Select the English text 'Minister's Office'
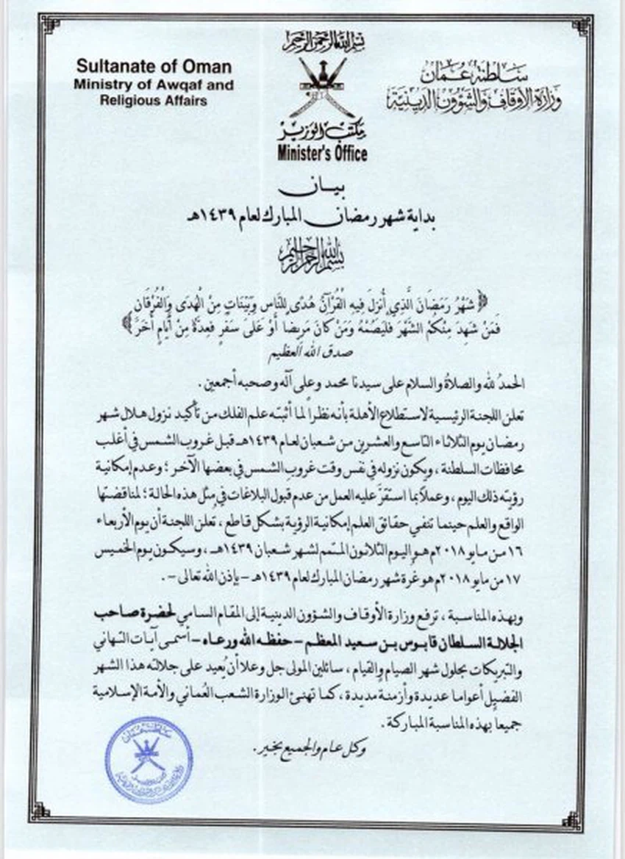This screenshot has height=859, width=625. click(x=322, y=154)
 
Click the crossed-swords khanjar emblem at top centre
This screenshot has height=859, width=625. click(x=322, y=85)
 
